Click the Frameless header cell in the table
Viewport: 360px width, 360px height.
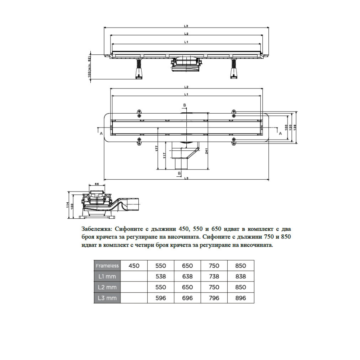(x=107, y=266)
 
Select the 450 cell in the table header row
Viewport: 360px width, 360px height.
(x=134, y=266)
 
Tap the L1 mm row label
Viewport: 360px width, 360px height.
(x=107, y=276)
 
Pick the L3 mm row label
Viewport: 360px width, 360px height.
(x=107, y=298)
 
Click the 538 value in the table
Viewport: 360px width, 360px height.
(x=160, y=276)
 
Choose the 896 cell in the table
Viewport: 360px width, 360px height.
(x=241, y=298)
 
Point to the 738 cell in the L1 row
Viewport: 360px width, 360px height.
(x=214, y=276)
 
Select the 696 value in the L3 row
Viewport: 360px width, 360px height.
(x=187, y=298)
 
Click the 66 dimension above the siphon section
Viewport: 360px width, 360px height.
(x=97, y=184)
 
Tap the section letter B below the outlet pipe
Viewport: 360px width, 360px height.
(x=179, y=173)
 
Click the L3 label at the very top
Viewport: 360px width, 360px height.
(x=186, y=26)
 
